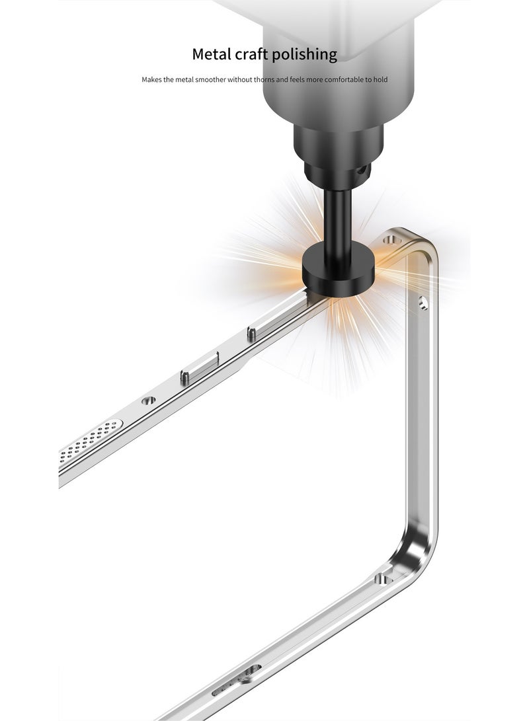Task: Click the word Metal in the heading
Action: [x=212, y=54]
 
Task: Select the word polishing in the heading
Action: [x=304, y=55]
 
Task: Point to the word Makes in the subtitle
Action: [x=151, y=79]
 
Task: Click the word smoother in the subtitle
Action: [x=210, y=79]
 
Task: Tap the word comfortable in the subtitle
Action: [x=344, y=79]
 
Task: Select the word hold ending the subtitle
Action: [x=381, y=79]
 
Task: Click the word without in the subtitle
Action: [x=239, y=79]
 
